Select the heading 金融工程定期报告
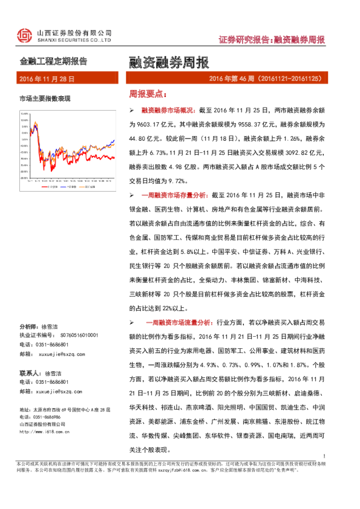54,61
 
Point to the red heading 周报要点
147,94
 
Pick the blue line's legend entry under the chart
70,187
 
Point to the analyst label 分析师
29,325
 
